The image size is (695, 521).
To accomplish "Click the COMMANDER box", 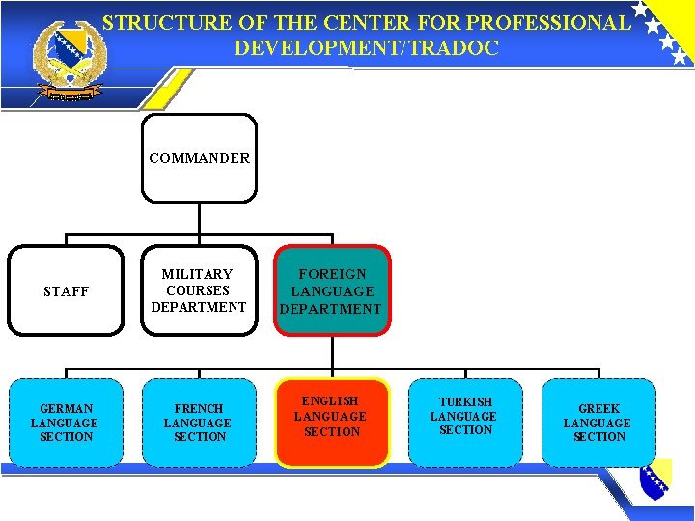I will click(x=199, y=158).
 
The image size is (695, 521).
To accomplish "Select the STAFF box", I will click(x=67, y=290).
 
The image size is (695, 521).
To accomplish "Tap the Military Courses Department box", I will click(x=199, y=290).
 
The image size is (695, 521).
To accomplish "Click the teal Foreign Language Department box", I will click(x=331, y=290).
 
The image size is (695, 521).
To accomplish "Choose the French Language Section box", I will click(x=199, y=423).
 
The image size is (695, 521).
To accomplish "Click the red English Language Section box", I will click(x=331, y=423).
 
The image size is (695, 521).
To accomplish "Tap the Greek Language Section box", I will click(x=598, y=423).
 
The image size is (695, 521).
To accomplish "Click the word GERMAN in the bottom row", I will click(x=67, y=408).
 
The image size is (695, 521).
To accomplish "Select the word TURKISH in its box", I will click(x=465, y=401).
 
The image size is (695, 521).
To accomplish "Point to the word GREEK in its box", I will click(x=598, y=408).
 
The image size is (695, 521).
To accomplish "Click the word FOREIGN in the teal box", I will click(x=331, y=274).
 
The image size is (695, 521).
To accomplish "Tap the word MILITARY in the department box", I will click(x=198, y=274).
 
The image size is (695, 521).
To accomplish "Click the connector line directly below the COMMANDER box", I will click(x=199, y=219).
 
